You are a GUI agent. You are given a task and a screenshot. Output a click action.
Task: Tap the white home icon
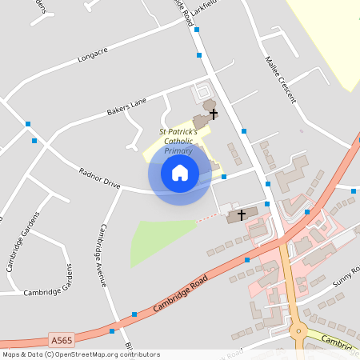point(179,172)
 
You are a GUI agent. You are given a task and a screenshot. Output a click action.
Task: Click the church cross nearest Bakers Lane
point(214,114)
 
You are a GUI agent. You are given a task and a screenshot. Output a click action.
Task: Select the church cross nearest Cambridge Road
point(242,215)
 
